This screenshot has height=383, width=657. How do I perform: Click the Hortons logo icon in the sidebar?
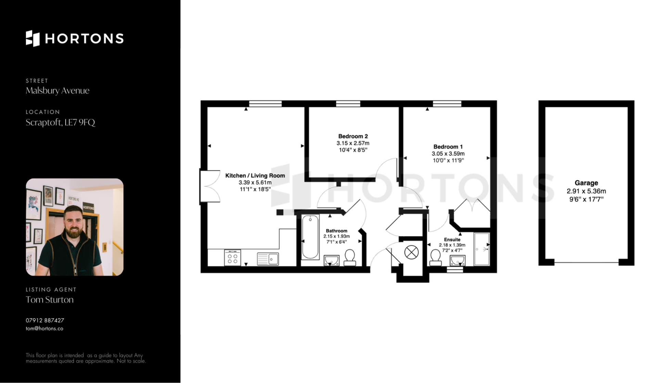33,38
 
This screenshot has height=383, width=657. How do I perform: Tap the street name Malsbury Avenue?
57,91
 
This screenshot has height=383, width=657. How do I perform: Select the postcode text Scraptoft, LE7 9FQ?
60,123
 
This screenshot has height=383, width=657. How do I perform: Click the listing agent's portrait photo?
75,227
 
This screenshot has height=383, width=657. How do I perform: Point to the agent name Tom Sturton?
50,300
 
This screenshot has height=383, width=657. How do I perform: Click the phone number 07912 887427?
45,320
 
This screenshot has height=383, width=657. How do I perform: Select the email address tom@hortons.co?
44,329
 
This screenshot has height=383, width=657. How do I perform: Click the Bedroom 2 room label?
353,136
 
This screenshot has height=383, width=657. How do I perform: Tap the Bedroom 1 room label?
448,147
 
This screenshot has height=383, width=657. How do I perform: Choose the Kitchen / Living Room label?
255,176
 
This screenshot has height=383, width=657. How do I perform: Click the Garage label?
586,183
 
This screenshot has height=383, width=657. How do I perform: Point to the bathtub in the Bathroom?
310,237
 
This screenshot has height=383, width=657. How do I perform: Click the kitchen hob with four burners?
232,258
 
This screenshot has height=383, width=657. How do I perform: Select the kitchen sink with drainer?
268,259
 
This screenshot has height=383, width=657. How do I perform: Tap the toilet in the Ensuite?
435,258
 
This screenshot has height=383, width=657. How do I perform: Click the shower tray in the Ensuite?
482,249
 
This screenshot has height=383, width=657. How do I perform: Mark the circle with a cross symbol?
411,253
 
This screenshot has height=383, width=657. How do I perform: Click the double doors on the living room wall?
209,187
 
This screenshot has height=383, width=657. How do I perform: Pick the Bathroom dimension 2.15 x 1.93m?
337,236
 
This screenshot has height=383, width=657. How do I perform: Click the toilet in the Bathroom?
350,258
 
